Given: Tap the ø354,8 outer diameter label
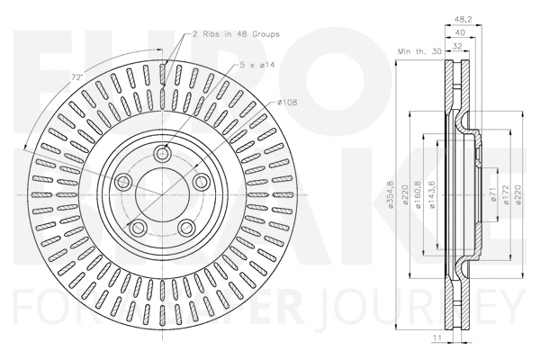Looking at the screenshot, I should (x=385, y=193).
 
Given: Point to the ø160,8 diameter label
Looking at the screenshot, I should (x=419, y=193).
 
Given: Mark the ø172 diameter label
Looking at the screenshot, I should (x=508, y=193).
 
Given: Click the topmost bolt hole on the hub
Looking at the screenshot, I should (x=163, y=154).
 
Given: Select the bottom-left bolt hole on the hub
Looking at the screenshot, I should (x=139, y=225).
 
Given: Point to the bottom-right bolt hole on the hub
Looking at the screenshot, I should (x=184, y=224).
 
